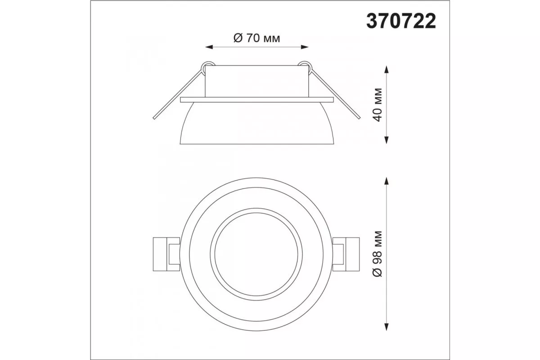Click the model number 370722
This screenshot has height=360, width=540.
click(x=401, y=21)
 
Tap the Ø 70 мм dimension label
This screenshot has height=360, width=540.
click(x=257, y=38)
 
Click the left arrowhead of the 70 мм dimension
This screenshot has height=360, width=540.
click(x=209, y=47)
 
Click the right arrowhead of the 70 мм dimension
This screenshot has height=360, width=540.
click(x=305, y=47)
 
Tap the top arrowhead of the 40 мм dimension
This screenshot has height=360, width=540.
click(x=387, y=69)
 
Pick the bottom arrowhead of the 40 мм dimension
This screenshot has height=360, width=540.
click(x=387, y=140)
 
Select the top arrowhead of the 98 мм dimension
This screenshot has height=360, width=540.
click(x=387, y=181)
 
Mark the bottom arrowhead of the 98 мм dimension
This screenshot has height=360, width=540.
click(x=387, y=327)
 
